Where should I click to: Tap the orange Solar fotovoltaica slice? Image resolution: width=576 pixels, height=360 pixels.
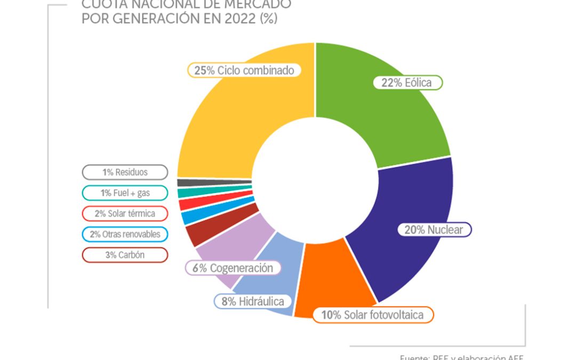(x=331, y=283)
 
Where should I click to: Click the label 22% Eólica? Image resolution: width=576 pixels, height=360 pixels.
(x=406, y=83)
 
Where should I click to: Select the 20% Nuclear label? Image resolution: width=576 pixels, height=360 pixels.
(x=435, y=230)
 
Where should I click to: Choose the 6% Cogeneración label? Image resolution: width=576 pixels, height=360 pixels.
(x=233, y=268)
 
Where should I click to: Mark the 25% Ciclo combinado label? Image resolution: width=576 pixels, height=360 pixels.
(x=244, y=70)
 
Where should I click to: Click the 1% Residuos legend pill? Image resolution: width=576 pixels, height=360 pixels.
(x=125, y=172)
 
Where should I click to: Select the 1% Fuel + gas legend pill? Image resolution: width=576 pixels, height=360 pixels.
(x=125, y=193)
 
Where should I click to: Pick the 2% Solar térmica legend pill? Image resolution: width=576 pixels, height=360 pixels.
(x=125, y=213)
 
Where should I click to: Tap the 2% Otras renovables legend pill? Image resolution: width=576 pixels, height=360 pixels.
(x=125, y=234)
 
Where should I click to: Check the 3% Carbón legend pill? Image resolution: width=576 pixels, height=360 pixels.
(x=125, y=255)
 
